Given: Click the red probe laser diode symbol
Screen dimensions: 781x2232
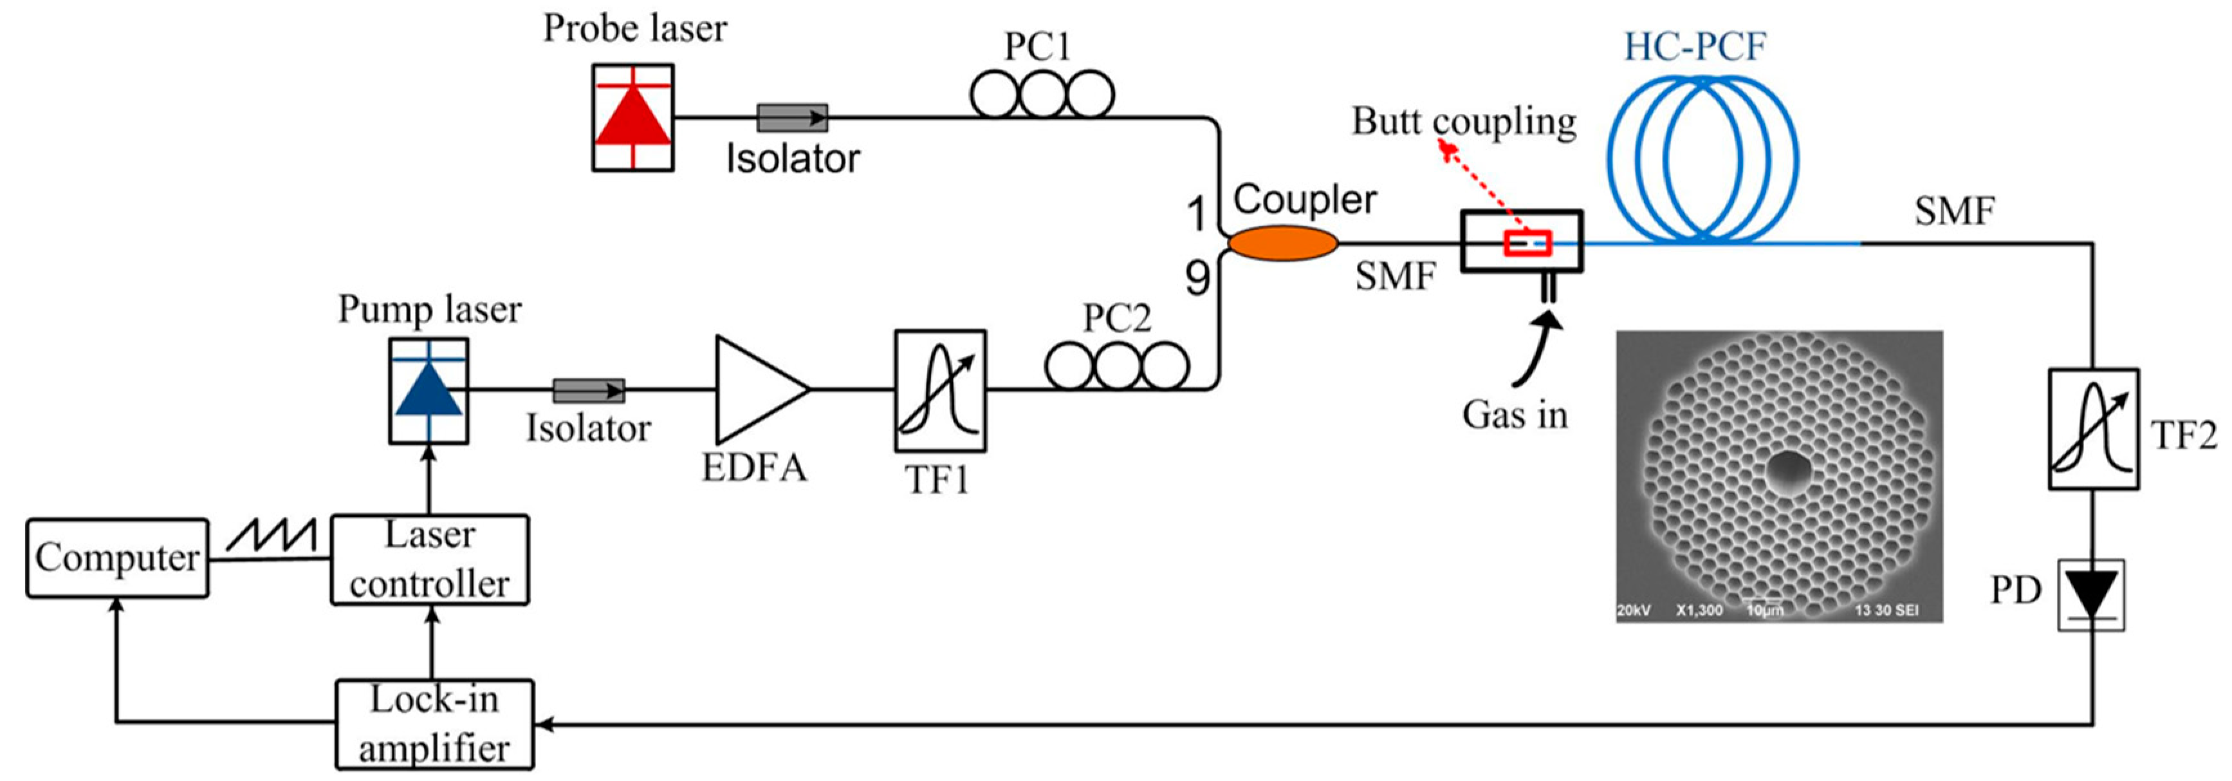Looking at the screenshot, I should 632,118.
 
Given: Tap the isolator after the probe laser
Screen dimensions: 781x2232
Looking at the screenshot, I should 792,118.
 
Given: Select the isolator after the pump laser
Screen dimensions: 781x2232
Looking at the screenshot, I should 588,391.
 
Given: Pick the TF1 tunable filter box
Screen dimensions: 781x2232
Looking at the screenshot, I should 940,391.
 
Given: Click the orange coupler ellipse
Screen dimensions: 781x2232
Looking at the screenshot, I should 1283,243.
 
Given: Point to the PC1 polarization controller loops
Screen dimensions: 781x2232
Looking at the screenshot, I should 1042,95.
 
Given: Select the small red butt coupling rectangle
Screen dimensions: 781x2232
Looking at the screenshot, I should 1527,243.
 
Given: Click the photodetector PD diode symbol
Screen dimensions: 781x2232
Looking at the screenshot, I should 2092,595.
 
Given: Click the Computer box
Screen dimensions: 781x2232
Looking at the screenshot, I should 117,558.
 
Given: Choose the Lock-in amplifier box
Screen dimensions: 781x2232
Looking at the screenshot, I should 434,724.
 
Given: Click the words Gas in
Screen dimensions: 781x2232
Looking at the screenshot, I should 1515,415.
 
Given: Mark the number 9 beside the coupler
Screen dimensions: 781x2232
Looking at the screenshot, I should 1197,278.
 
